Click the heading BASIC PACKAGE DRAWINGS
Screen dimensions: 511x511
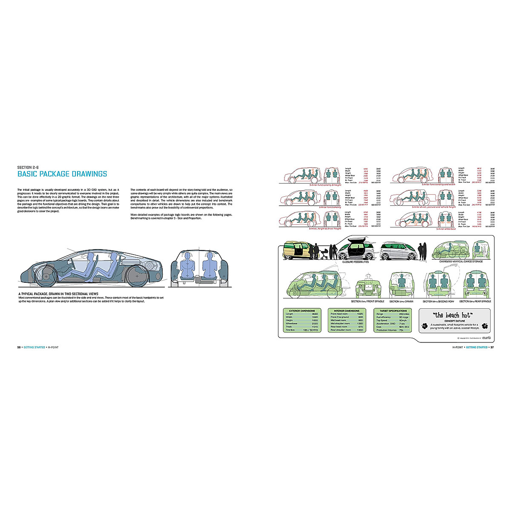click(62, 174)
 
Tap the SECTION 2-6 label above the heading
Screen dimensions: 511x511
click(30, 167)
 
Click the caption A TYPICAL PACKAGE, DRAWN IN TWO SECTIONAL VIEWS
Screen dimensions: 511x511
click(58, 294)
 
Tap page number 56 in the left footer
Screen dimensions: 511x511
click(19, 347)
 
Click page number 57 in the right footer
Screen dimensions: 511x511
click(492, 347)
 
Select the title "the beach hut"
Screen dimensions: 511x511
click(452, 316)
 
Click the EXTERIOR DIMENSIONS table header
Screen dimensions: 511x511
click(302, 311)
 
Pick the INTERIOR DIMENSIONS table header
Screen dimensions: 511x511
click(346, 311)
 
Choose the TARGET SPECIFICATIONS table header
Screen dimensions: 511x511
click(393, 311)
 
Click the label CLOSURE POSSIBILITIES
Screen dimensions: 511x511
click(356, 261)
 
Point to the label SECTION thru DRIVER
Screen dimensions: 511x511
click(401, 301)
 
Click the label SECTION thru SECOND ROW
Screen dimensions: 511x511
click(438, 301)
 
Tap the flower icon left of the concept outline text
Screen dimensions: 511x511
click(425, 327)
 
